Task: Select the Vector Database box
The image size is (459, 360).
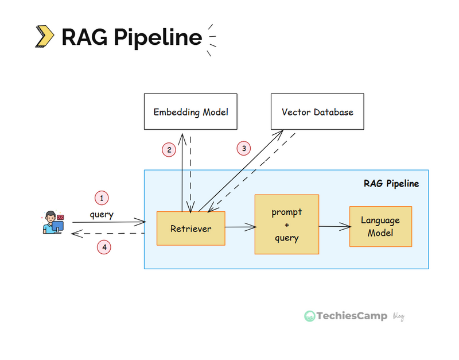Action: [317, 112]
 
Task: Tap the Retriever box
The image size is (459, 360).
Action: [191, 229]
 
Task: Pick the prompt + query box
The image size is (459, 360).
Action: [287, 225]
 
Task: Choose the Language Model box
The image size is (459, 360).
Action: [380, 226]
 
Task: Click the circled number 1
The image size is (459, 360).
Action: [102, 198]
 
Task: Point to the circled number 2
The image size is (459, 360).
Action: [169, 150]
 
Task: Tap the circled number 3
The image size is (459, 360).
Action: [244, 148]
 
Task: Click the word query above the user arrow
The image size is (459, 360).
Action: [102, 215]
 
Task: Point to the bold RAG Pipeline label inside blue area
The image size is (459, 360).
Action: [391, 184]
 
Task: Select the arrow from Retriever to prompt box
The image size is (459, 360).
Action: [240, 227]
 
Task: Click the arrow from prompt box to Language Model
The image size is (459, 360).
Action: [334, 226]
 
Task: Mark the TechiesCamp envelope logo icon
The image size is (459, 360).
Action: [310, 316]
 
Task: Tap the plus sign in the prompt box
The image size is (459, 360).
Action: [287, 225]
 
